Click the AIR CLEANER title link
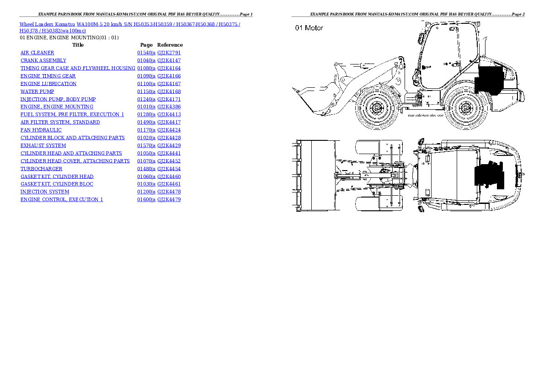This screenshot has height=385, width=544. point(37,53)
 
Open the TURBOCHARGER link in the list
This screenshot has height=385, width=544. point(41,169)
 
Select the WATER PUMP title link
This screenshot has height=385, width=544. point(37,91)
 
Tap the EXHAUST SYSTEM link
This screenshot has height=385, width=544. point(43,145)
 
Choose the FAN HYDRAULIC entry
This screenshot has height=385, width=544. point(41,130)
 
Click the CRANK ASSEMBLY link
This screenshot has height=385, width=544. point(43,60)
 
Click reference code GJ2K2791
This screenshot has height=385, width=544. point(169,53)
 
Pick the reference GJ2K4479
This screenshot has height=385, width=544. point(169,199)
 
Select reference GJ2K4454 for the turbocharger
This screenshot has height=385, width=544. point(169,169)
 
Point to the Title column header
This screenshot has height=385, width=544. point(78,45)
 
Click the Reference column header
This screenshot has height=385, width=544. point(170,45)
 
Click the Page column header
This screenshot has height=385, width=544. point(146,45)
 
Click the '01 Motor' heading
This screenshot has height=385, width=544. point(309,28)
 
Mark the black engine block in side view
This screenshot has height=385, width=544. point(490,80)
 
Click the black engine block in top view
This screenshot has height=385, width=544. point(489,175)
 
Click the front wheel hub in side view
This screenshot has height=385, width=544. point(376,108)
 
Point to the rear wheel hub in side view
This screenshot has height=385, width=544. point(466,108)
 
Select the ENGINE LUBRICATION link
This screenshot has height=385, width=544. point(48,84)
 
